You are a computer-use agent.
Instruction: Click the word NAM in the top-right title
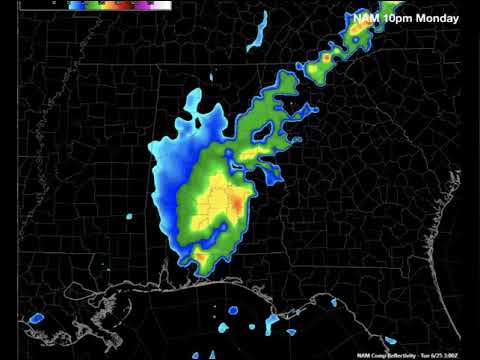tap(366, 18)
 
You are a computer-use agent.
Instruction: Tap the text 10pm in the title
tap(398, 18)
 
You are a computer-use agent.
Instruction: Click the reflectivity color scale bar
tap(120, 5)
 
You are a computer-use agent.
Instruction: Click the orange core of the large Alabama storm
tap(234, 204)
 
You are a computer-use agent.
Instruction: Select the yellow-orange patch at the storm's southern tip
tap(201, 258)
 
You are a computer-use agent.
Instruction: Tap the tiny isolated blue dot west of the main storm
tap(129, 216)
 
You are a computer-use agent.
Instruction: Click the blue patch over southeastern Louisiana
tap(36, 318)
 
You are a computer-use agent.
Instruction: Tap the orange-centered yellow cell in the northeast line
tap(325, 59)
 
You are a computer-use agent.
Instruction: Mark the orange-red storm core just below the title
tap(357, 33)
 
